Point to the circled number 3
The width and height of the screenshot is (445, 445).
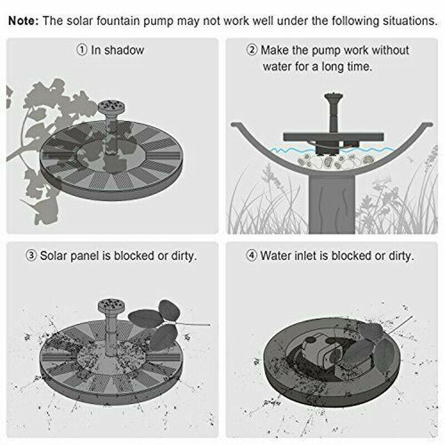[x=32, y=256]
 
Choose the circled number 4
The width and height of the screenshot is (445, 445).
[x=252, y=256]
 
